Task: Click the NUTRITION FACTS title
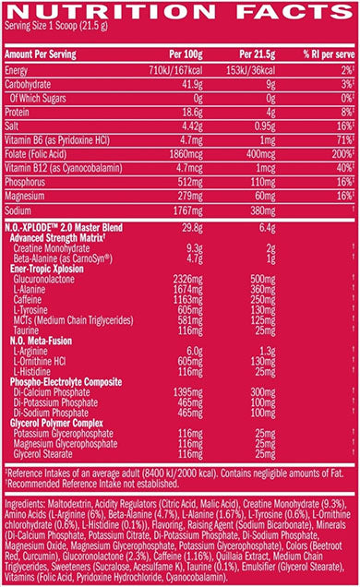tap(180, 11)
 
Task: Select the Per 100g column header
tap(180, 55)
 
